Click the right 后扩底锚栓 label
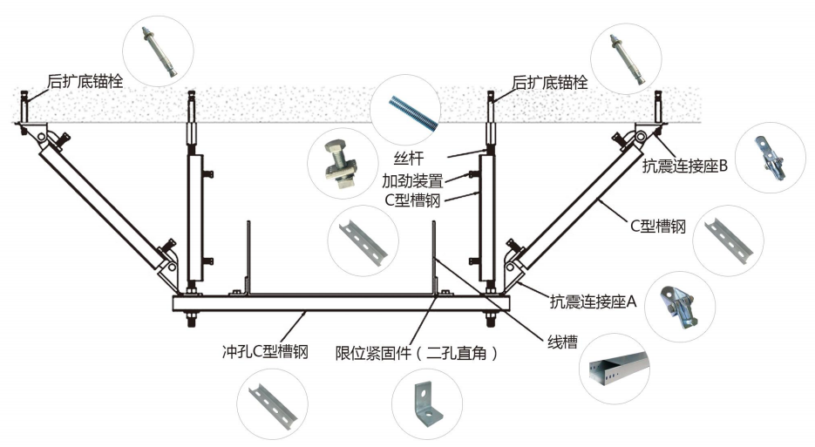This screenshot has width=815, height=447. (549, 83)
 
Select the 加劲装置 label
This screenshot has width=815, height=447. (414, 181)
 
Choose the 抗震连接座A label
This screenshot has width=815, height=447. (594, 302)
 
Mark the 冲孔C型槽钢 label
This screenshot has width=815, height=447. (265, 353)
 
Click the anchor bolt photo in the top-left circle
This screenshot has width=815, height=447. (160, 51)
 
